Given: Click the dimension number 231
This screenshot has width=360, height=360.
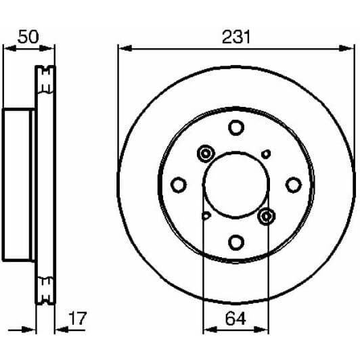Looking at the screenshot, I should [x=235, y=37].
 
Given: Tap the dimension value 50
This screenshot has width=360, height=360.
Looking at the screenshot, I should [x=28, y=37].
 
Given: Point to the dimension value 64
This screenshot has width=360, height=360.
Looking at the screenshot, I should [x=235, y=317].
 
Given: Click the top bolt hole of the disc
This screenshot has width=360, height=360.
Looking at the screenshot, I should [x=235, y=127].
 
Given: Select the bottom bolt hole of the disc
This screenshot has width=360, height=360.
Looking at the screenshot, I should [x=235, y=242].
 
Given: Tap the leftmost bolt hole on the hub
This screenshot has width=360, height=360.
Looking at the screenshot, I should [x=179, y=184].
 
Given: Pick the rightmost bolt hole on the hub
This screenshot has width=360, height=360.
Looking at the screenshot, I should [x=293, y=184].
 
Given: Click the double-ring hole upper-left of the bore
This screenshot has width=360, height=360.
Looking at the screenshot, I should [x=206, y=153].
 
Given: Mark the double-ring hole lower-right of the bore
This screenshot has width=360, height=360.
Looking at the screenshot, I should [x=266, y=216].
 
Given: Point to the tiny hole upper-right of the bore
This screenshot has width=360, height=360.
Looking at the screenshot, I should [x=266, y=154].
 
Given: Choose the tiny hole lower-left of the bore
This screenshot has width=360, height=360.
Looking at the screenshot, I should [x=206, y=216].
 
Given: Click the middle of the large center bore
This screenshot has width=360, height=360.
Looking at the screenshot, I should [x=235, y=184].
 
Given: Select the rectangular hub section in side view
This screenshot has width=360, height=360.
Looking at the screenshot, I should [x=18, y=183].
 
